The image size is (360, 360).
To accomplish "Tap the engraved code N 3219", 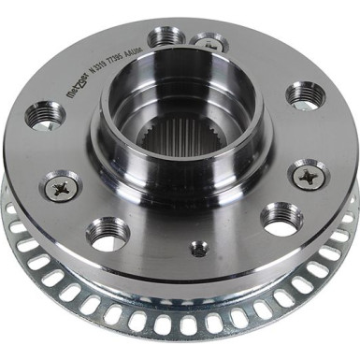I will [x=94, y=70].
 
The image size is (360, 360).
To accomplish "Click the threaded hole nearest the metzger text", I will [x=43, y=114].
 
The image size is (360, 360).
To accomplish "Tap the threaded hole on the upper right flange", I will [x=306, y=94].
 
